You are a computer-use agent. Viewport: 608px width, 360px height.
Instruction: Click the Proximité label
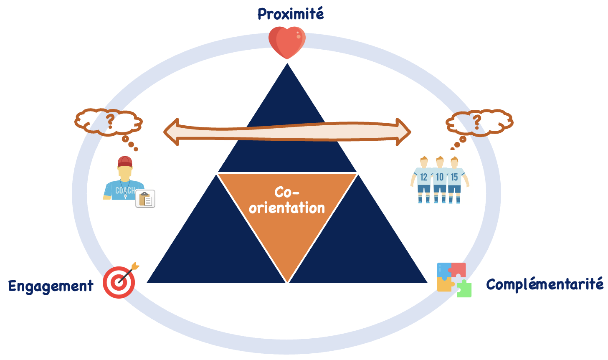(291, 14)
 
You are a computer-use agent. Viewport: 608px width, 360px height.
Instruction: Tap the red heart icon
(287, 42)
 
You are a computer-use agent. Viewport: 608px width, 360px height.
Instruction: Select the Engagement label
(51, 286)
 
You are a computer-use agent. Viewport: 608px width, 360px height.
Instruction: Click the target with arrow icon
(120, 281)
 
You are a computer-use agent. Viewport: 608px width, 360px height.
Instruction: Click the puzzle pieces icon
(453, 279)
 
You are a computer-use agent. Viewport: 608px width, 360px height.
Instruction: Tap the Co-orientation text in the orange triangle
(287, 200)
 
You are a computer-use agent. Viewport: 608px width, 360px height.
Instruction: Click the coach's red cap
(124, 162)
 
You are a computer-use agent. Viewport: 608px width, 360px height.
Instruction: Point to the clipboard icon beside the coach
(145, 199)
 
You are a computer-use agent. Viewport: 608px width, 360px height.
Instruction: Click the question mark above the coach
(110, 120)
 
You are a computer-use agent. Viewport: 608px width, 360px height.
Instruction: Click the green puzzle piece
(464, 289)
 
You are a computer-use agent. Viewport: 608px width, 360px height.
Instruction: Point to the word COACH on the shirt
(125, 190)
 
